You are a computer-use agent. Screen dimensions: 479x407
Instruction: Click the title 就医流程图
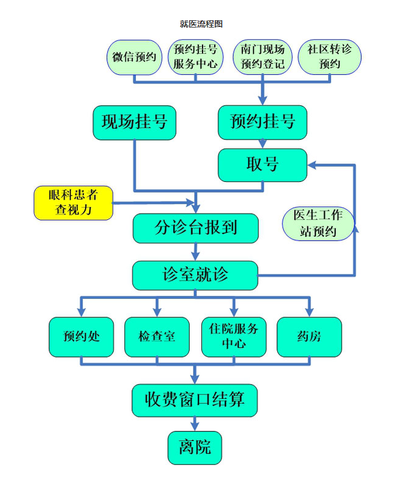(201, 24)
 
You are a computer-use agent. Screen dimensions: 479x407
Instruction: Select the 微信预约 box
(134, 57)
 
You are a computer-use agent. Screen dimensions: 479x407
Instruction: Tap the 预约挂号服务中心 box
(195, 57)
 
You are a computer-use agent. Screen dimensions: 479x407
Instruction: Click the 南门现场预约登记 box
(262, 57)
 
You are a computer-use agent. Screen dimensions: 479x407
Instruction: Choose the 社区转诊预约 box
(330, 57)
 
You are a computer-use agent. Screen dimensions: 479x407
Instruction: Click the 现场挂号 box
(134, 122)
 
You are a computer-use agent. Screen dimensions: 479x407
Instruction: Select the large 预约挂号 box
(262, 122)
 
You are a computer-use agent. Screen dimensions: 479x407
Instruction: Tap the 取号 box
(262, 165)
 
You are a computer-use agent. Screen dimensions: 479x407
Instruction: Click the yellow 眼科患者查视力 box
(73, 203)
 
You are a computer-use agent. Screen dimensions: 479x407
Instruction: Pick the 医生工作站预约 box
(318, 223)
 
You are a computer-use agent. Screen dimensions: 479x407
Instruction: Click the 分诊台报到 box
(195, 228)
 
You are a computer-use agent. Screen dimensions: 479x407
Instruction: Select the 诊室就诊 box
(195, 275)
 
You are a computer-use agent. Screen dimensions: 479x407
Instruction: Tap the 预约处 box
(81, 336)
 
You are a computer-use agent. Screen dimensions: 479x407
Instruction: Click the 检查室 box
(157, 336)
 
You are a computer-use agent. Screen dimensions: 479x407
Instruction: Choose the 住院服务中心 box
(234, 336)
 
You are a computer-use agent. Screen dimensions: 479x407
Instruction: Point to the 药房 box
(309, 336)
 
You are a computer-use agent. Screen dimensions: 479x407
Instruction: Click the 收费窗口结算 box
(195, 400)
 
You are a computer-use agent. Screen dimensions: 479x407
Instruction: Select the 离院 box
(195, 447)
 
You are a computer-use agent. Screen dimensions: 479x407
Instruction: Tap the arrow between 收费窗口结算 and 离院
(195, 423)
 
